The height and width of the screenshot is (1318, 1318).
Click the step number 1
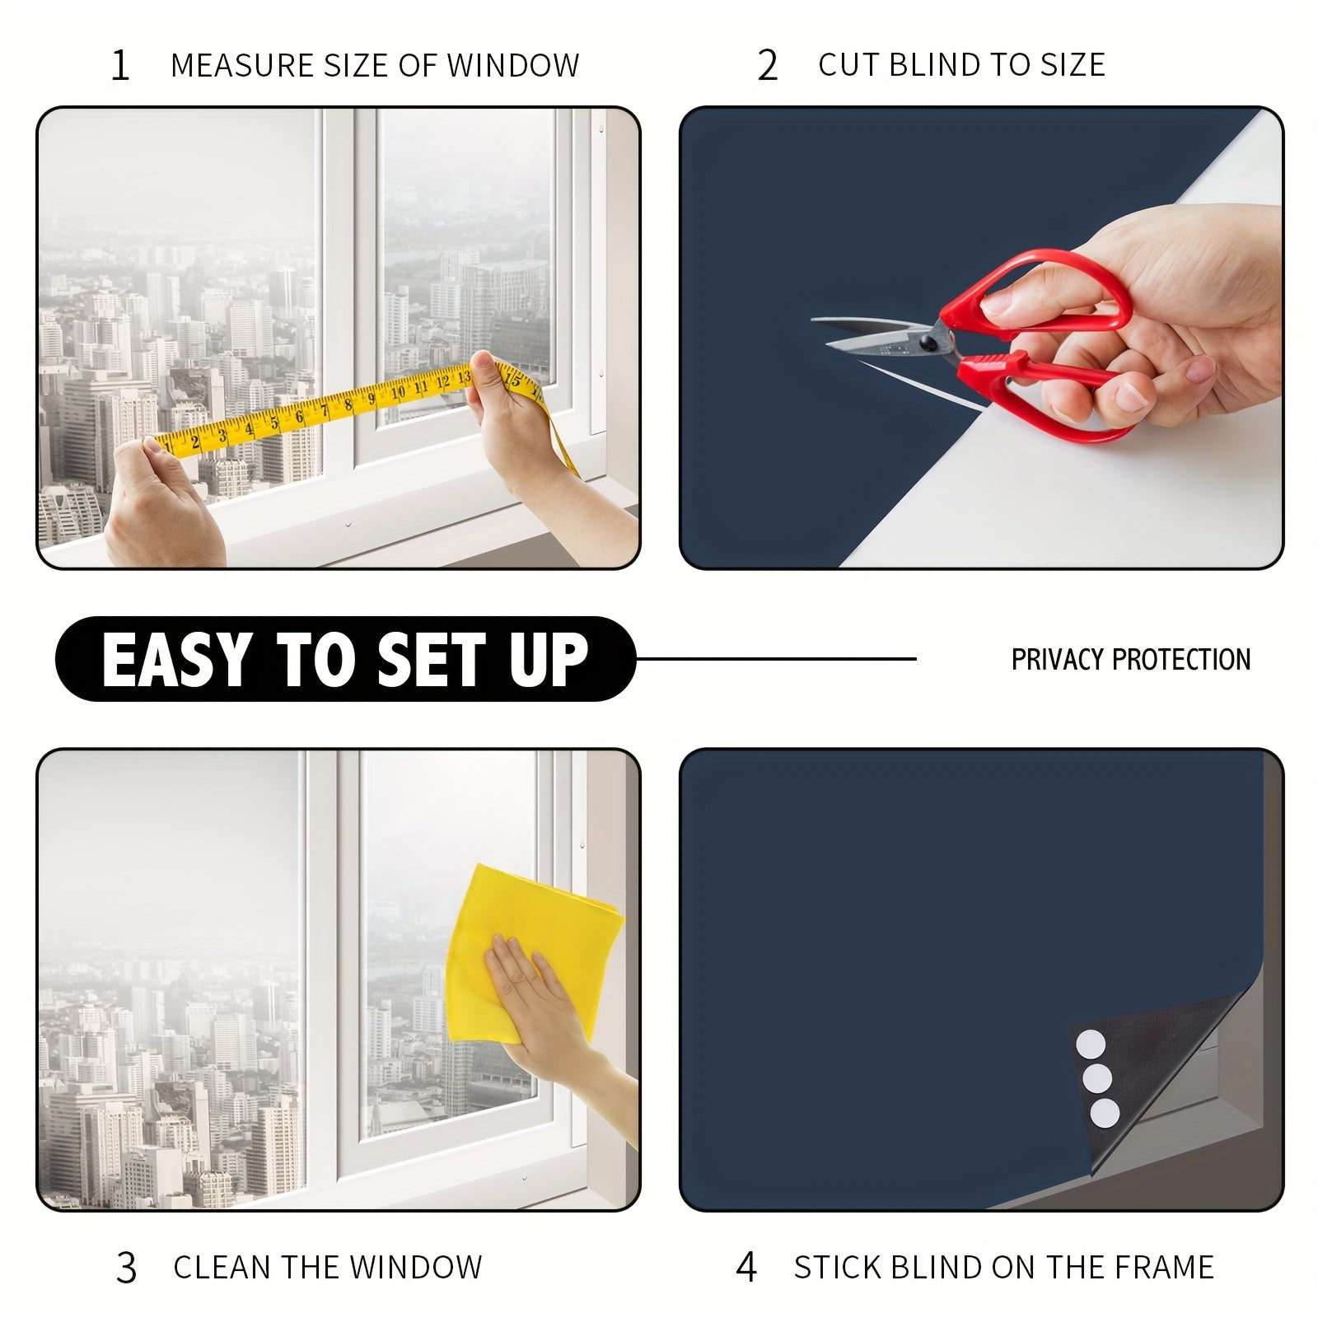pyautogui.click(x=120, y=66)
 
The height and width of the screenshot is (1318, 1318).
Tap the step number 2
pyautogui.click(x=767, y=66)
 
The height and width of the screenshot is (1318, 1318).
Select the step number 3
pyautogui.click(x=126, y=1268)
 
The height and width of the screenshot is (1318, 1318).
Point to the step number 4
pyautogui.click(x=745, y=1267)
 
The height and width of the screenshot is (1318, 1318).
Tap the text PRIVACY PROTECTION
pyautogui.click(x=1130, y=659)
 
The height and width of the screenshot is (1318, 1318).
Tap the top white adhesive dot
pyautogui.click(x=1090, y=1044)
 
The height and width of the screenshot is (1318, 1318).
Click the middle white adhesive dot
pyautogui.click(x=1097, y=1078)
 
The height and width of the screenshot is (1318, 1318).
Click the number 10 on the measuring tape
pyautogui.click(x=399, y=392)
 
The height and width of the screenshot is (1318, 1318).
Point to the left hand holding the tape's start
pyautogui.click(x=161, y=502)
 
